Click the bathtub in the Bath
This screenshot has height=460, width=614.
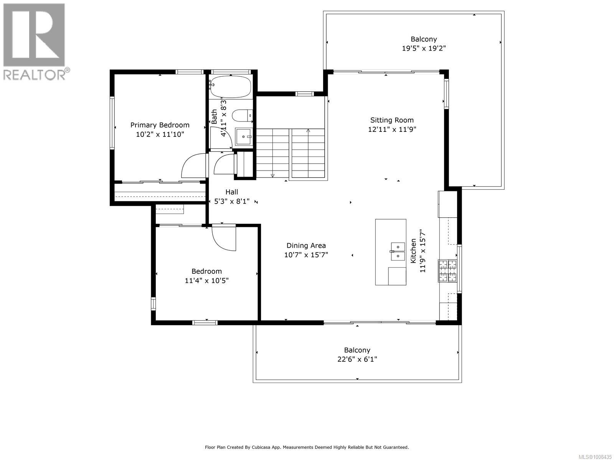click(231, 86)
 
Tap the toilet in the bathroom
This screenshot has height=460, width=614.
click(243, 115)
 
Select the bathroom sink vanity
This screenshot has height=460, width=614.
click(243, 136)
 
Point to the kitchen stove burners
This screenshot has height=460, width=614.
click(447, 271)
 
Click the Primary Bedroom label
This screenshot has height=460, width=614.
click(160, 125)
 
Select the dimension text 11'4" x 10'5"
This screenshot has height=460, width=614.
click(206, 281)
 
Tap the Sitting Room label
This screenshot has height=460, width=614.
click(392, 120)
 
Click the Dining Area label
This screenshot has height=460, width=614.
click(306, 246)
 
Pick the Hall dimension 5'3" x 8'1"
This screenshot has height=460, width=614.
click(232, 201)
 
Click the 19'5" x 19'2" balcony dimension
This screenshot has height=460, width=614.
click(424, 48)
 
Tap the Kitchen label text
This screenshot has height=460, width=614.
click(413, 251)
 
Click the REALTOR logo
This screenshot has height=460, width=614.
click(35, 41)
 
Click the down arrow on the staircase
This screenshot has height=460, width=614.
click(272, 176)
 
